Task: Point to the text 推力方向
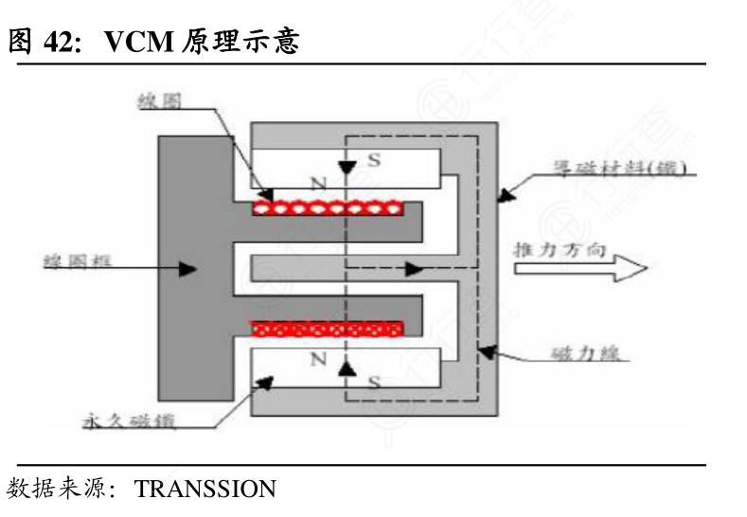tap(555, 250)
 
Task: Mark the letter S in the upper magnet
tap(374, 160)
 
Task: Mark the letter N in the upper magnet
tap(317, 182)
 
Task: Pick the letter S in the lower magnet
tap(374, 382)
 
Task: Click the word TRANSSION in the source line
tap(205, 490)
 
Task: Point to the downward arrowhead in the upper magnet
tap(347, 167)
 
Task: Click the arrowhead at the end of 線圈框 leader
tap(188, 269)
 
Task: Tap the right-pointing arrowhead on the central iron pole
tap(414, 269)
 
